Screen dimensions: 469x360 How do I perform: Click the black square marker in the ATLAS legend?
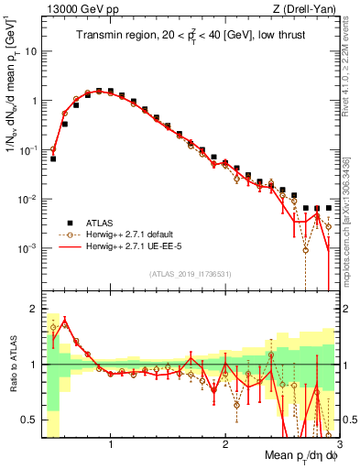pyautogui.click(x=67, y=223)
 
